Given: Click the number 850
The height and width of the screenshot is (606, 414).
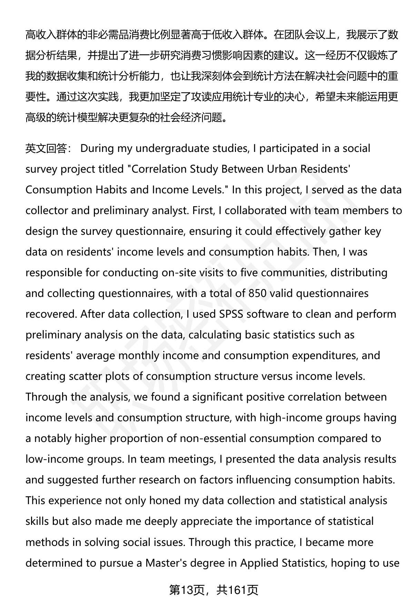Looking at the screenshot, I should [x=257, y=294].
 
